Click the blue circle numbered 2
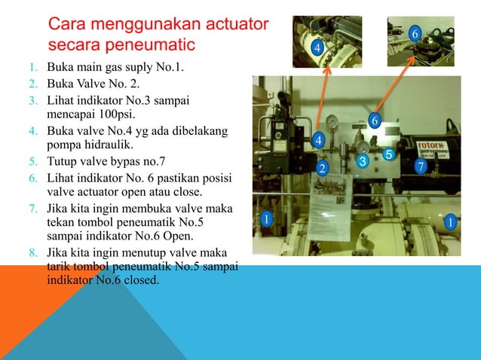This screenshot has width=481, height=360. (322, 167)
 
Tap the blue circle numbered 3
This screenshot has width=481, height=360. (362, 162)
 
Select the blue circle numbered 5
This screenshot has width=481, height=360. (389, 154)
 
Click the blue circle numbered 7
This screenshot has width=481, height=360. (421, 164)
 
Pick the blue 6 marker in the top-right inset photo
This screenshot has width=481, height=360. (414, 34)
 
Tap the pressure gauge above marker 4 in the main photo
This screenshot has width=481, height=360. (331, 121)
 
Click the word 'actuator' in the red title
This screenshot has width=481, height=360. (234, 25)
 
